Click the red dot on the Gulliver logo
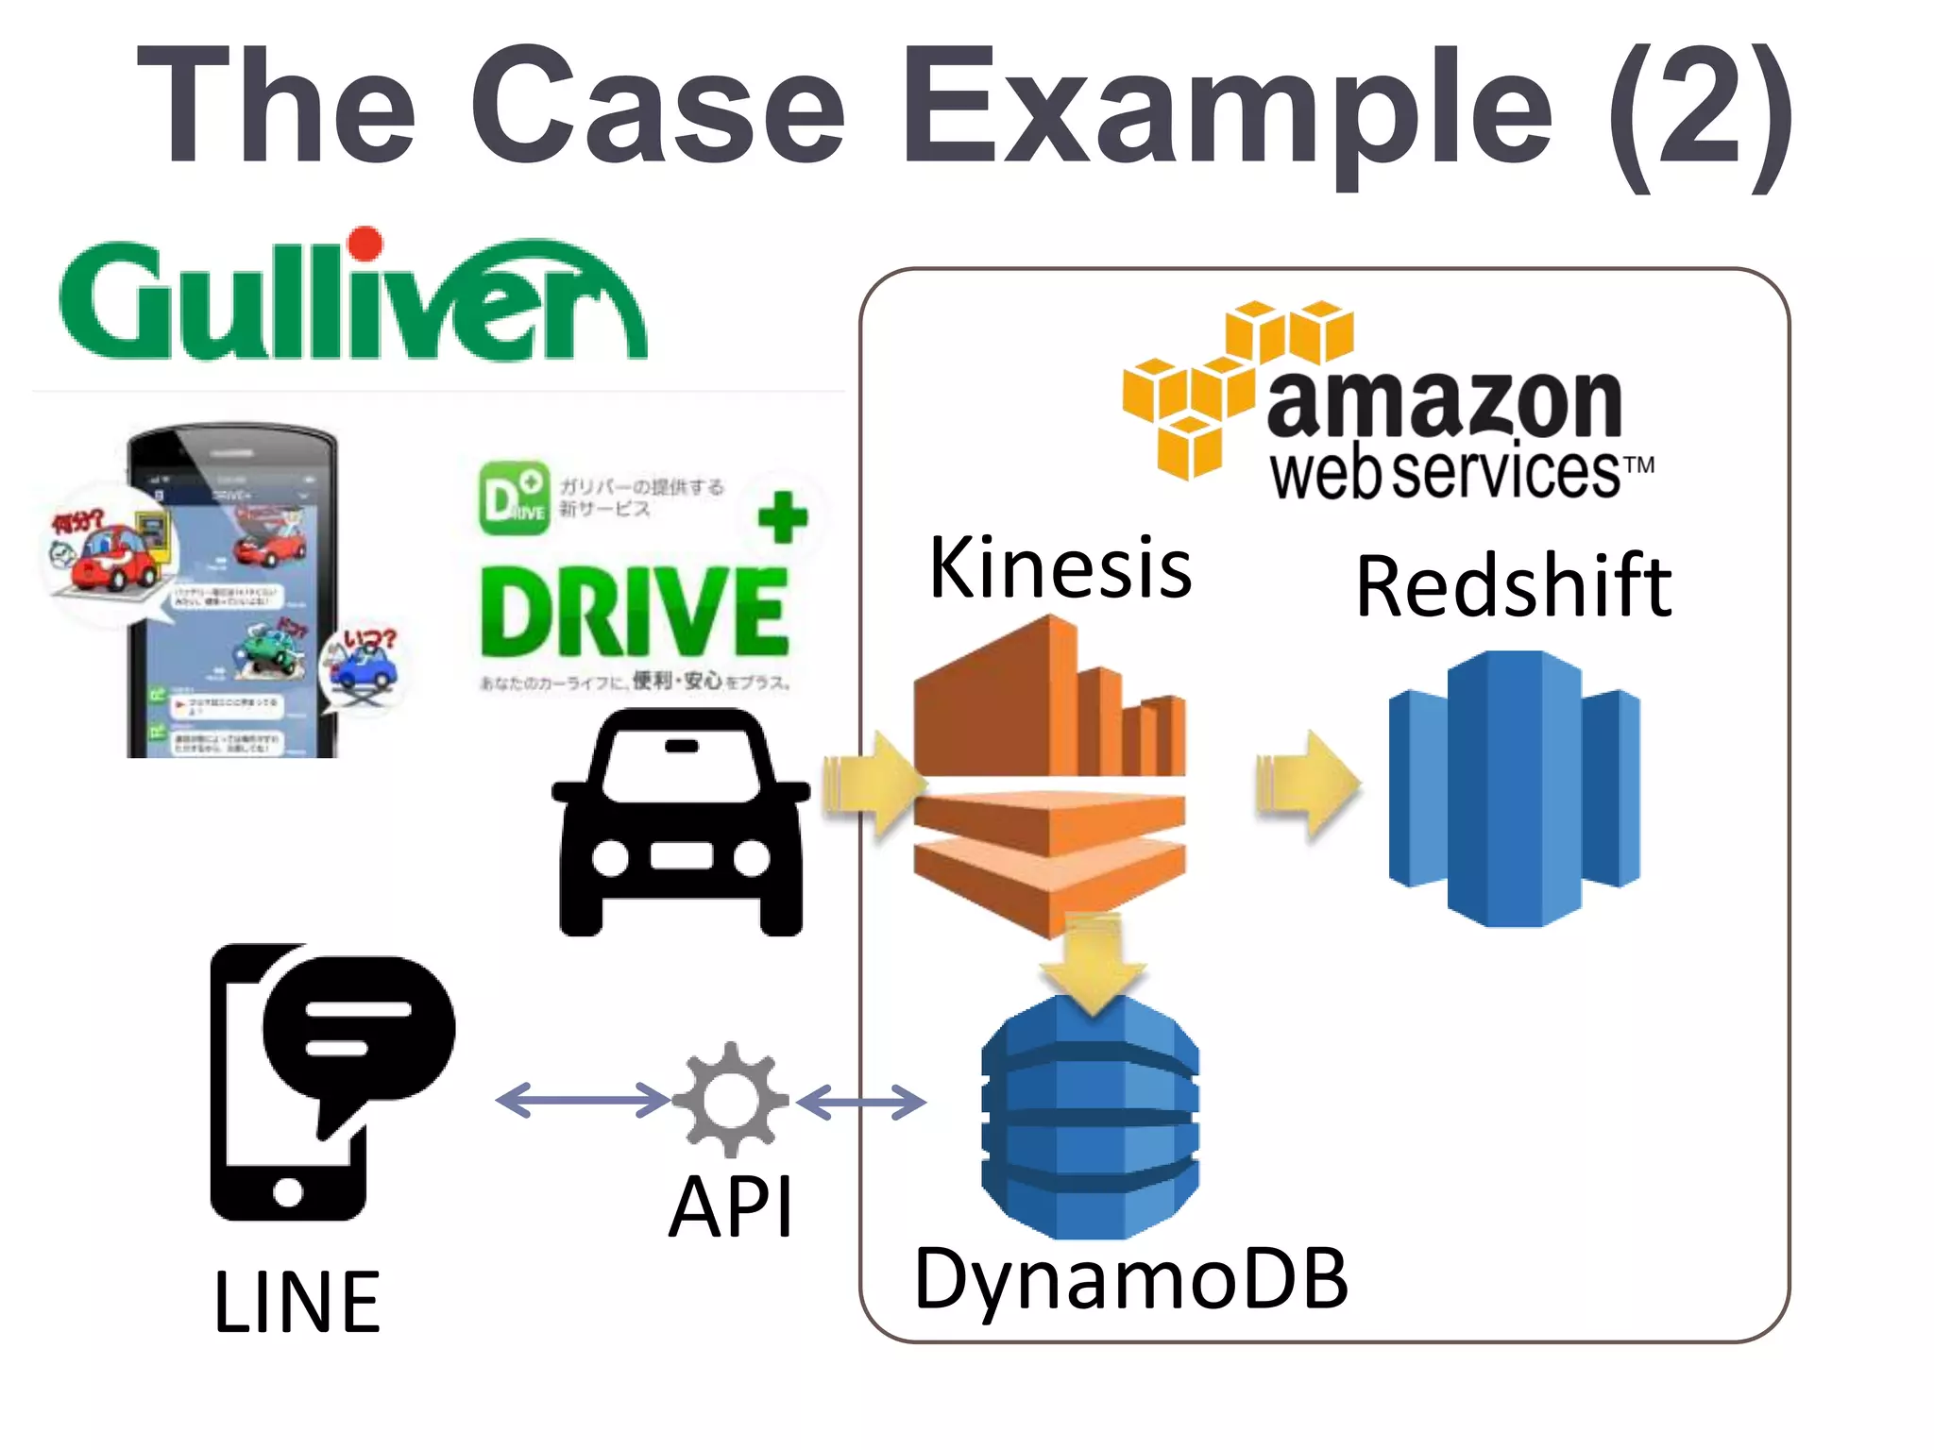[x=365, y=243]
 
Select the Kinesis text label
[x=1060, y=568]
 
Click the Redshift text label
[x=1513, y=587]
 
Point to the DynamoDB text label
[x=1130, y=1279]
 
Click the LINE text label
[x=297, y=1304]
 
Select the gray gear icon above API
[x=730, y=1099]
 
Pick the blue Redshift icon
[x=1514, y=788]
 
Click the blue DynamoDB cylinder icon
[x=1090, y=1123]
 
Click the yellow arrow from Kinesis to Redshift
[x=1308, y=784]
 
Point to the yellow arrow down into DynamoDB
[x=1093, y=963]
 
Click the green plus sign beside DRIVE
[x=783, y=516]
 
